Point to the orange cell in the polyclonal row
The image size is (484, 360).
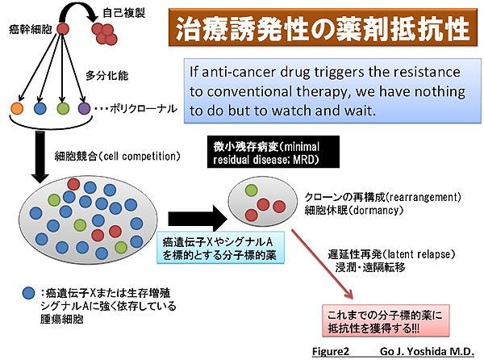pyautogui.click(x=16, y=107)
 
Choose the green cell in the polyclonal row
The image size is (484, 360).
pyautogui.click(x=61, y=107)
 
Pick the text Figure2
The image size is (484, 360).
pyautogui.click(x=333, y=352)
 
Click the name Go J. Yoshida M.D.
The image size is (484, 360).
pyautogui.click(x=425, y=352)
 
